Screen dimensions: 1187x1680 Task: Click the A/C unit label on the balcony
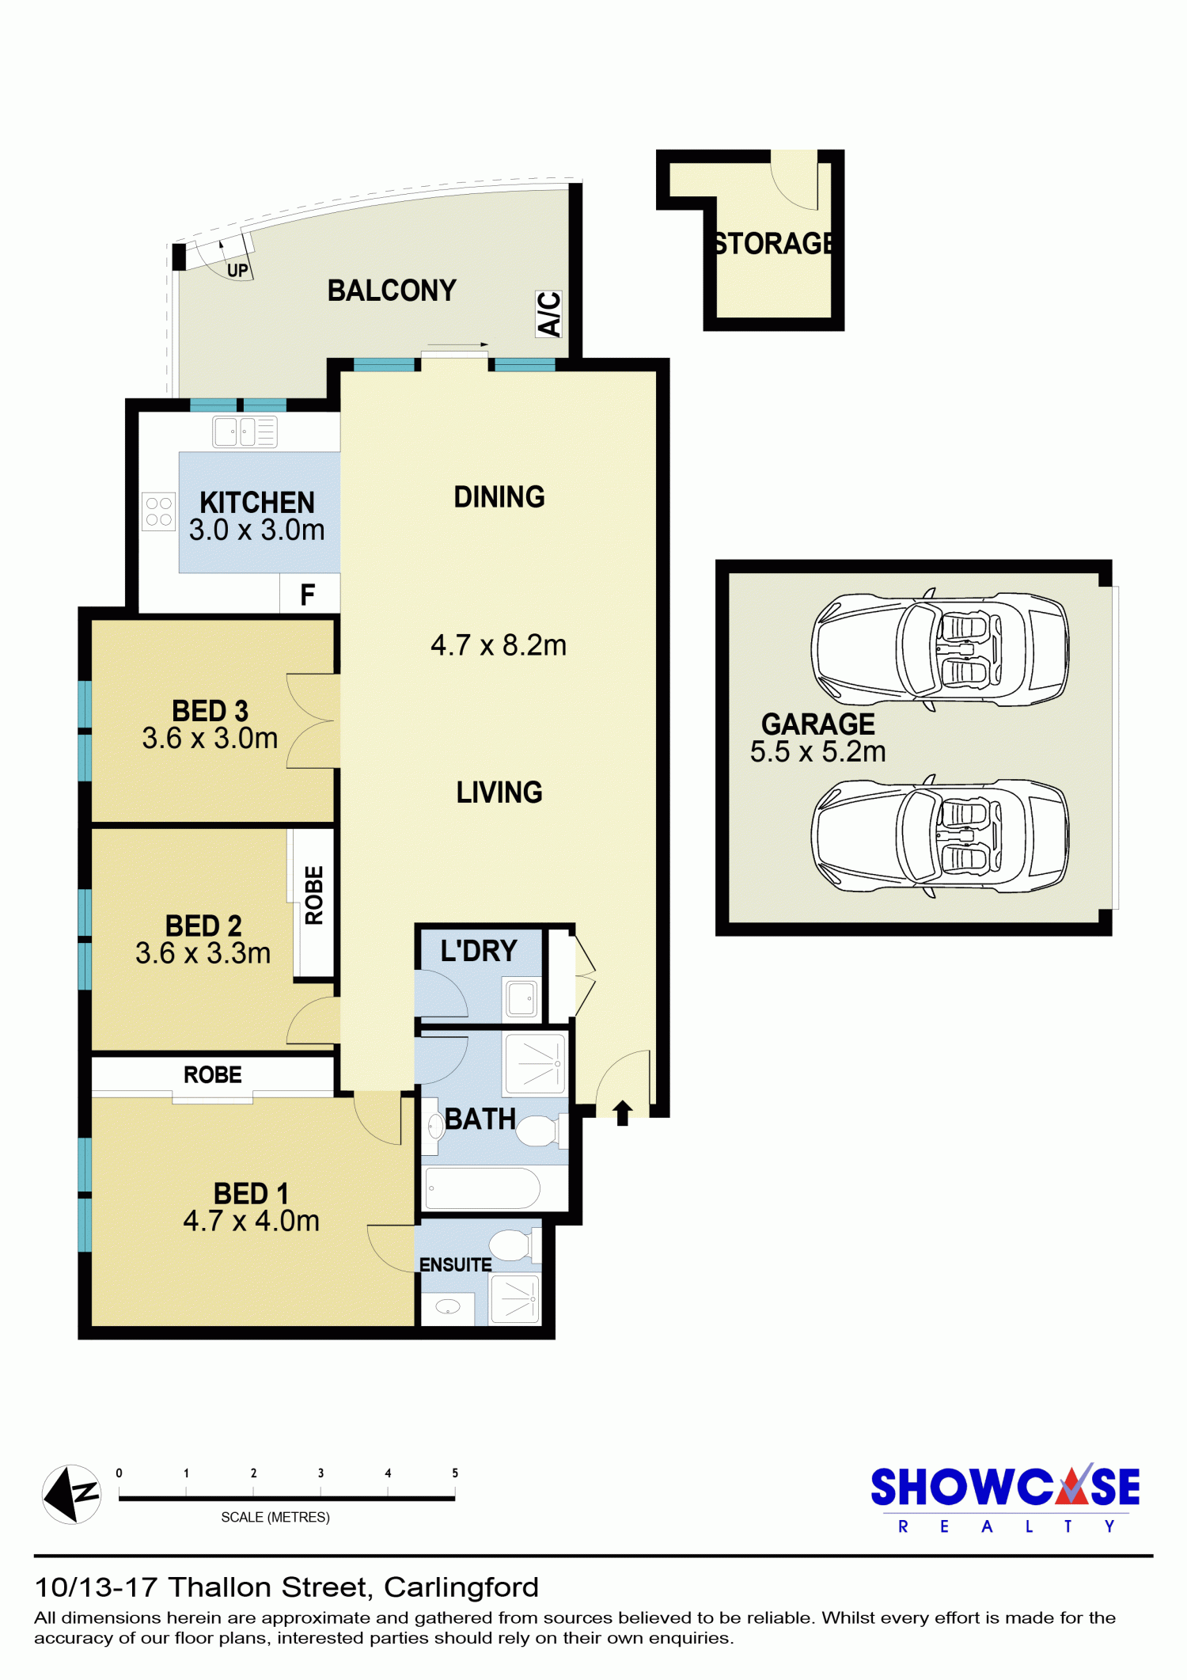(x=549, y=314)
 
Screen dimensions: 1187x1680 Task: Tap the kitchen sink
(x=245, y=432)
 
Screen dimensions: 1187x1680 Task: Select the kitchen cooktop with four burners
(x=158, y=511)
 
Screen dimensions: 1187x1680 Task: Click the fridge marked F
(x=308, y=594)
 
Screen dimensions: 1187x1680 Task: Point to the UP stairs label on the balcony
(x=237, y=271)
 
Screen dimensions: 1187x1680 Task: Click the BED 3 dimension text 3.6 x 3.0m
(x=210, y=738)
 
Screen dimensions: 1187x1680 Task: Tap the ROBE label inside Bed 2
(x=314, y=895)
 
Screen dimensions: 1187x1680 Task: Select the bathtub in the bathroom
(x=483, y=1188)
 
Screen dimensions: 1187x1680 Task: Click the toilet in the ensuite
(x=514, y=1245)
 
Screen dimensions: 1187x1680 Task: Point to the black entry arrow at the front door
(x=622, y=1112)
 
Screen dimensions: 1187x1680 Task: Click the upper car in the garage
(x=940, y=649)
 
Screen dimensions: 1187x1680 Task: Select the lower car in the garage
(x=940, y=836)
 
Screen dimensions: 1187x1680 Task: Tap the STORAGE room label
(x=772, y=243)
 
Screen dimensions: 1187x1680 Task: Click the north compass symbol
(x=71, y=1494)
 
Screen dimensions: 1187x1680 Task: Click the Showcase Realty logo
(x=1005, y=1498)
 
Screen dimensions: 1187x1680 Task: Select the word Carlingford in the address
(x=461, y=1588)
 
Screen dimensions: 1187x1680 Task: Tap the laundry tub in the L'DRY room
(x=521, y=999)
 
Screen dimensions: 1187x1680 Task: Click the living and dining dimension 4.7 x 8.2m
(x=499, y=645)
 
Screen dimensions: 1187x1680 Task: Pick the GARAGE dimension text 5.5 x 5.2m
(x=817, y=751)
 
